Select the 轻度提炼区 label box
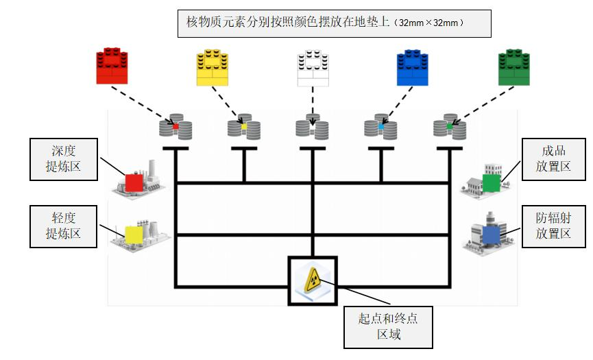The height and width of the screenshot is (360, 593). (63, 226)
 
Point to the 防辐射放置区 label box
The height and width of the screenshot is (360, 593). (555, 226)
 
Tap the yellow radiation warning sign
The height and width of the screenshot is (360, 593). (313, 280)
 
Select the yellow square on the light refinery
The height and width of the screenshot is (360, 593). (134, 235)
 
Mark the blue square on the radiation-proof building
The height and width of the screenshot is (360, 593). (492, 235)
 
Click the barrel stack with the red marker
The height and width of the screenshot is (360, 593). (176, 127)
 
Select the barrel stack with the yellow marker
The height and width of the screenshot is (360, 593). (243, 127)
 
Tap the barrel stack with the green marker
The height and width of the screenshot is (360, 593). (449, 127)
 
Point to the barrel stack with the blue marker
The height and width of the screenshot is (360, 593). (380, 127)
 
